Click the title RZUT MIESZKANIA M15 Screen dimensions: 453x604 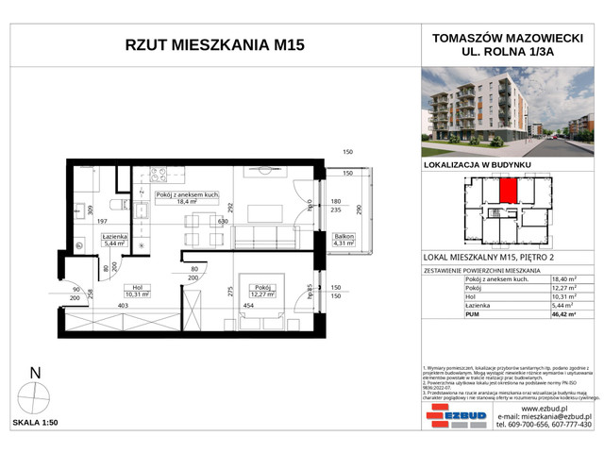point(214,47)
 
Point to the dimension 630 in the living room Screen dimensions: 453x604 point(223,222)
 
